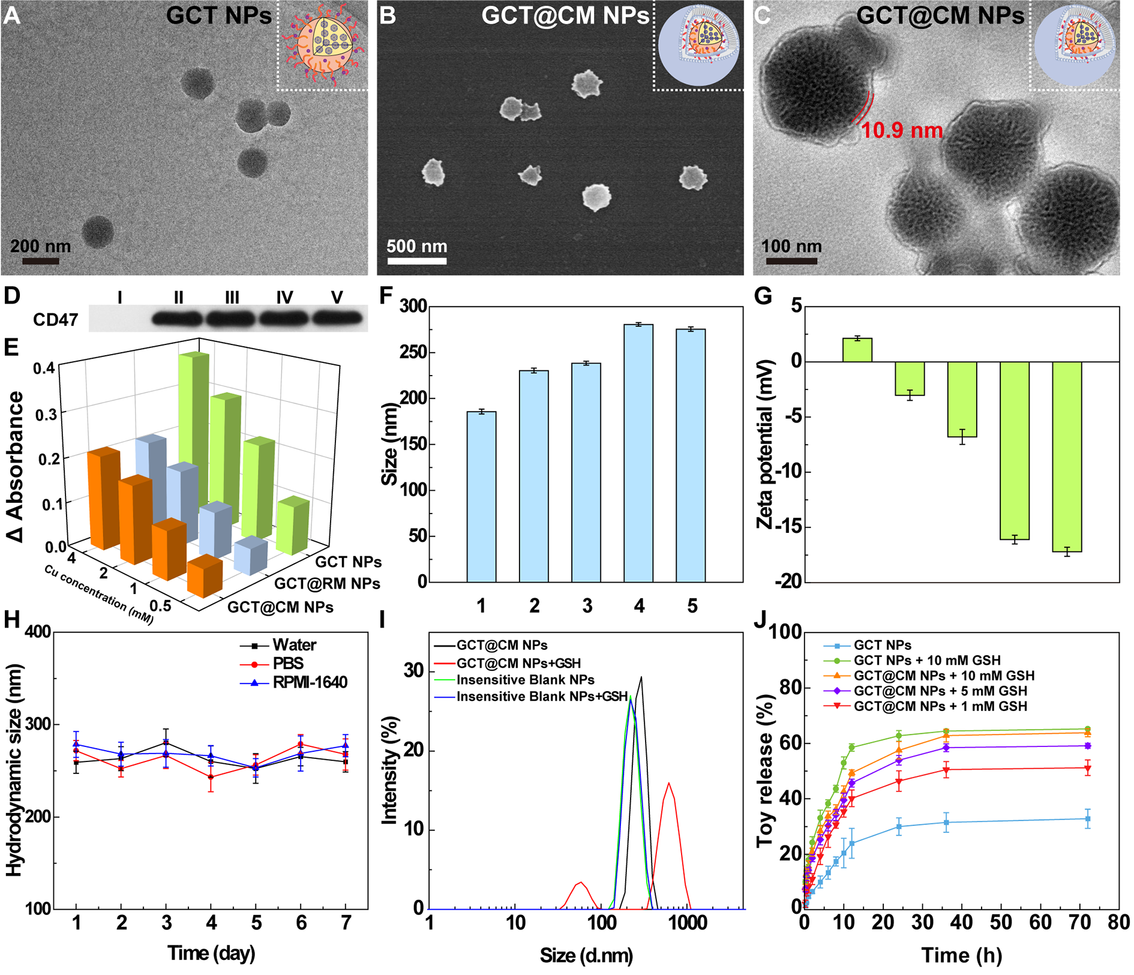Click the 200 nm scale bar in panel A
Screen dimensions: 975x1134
coord(41,261)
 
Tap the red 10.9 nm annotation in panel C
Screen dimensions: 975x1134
coord(902,130)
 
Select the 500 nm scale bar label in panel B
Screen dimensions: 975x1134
coord(416,246)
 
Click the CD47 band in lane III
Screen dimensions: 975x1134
coord(232,319)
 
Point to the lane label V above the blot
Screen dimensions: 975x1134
coord(337,297)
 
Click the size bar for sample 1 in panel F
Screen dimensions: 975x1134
coord(481,497)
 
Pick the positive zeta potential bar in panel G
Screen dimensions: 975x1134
coord(857,350)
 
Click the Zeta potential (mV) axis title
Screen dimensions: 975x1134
coord(764,444)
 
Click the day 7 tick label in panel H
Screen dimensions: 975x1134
coord(346,923)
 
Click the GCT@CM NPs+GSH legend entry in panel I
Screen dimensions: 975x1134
coord(518,663)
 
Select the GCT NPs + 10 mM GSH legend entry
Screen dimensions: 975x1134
coord(926,660)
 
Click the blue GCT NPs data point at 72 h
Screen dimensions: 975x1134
coord(1088,818)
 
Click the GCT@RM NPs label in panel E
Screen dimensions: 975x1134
coord(327,583)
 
